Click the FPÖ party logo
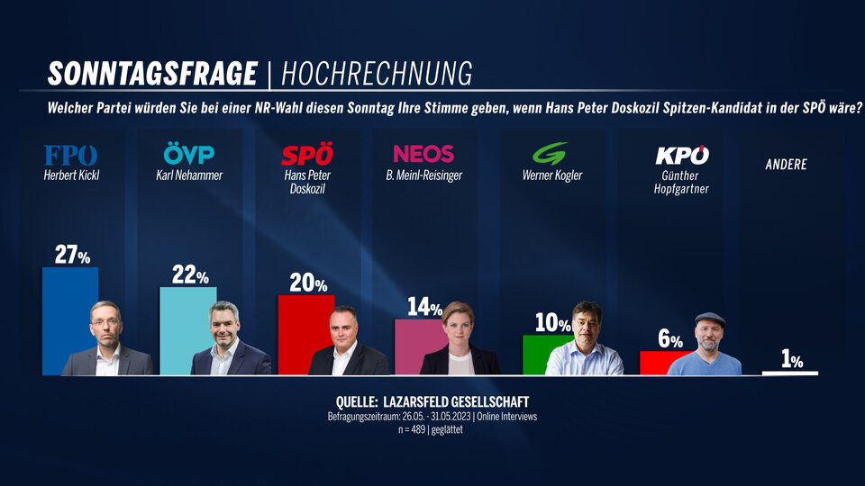[70, 155]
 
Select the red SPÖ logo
[307, 155]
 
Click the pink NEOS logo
[423, 154]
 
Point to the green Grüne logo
[549, 154]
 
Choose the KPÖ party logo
[681, 155]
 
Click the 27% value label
[72, 256]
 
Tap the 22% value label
[189, 276]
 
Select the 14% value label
[423, 308]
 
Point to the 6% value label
[670, 339]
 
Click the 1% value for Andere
[792, 361]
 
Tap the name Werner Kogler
[552, 175]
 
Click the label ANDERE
[786, 165]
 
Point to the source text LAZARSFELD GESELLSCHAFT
[470, 400]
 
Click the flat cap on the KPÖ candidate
[710, 319]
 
